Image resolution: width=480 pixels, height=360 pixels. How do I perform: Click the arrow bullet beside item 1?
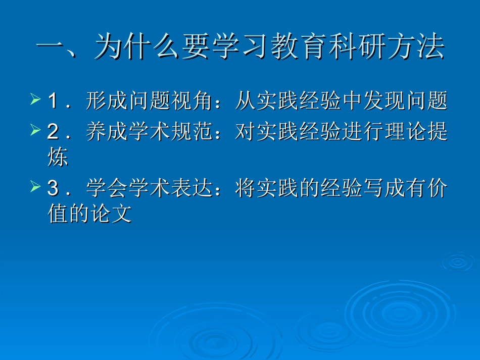pos(35,99)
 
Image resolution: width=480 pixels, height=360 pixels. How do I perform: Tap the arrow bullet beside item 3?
pos(35,187)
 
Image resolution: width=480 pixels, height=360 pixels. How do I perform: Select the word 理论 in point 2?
pos(402,132)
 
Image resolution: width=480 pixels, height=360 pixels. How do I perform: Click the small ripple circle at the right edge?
pos(458,262)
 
